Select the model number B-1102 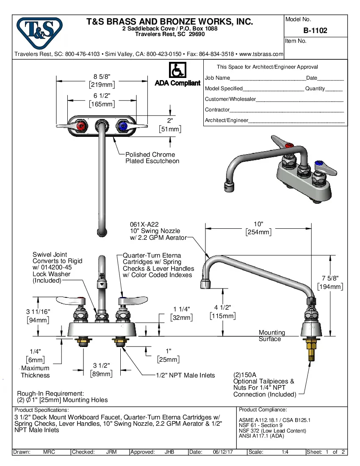coord(315,31)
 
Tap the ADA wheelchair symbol coord(177,69)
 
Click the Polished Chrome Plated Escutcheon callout coord(152,158)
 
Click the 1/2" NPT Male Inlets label coord(185,375)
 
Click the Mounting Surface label coord(271,336)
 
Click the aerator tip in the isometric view coord(229,184)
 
